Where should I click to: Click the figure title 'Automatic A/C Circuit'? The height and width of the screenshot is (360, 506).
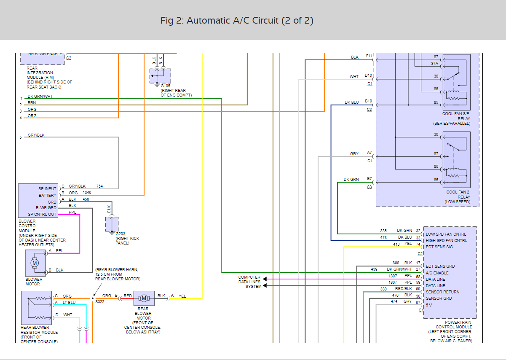(237, 20)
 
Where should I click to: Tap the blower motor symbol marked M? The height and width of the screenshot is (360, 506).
(34, 263)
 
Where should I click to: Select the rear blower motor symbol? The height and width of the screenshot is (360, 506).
(144, 298)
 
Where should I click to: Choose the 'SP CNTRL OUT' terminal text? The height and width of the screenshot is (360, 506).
(42, 214)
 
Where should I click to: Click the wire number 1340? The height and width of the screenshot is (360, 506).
(86, 192)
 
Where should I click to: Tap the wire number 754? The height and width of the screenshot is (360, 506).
(99, 186)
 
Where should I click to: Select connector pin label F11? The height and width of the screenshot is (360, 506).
(369, 56)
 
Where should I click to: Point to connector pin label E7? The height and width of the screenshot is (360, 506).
(369, 179)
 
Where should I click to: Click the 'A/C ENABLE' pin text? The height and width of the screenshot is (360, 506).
(437, 273)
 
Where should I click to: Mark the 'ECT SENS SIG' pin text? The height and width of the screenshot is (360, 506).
(439, 247)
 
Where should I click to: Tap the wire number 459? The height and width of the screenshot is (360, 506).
(374, 269)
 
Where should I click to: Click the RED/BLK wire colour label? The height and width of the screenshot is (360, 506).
(404, 289)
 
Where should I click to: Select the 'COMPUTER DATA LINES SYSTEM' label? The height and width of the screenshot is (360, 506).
(249, 282)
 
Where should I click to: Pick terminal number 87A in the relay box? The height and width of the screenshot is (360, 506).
(434, 63)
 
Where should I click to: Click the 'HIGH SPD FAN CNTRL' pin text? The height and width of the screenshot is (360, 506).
(446, 240)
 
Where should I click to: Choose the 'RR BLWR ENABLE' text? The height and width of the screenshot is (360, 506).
(45, 54)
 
